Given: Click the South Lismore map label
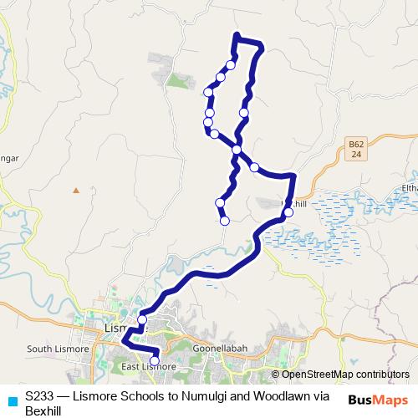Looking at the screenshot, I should click(x=52, y=349).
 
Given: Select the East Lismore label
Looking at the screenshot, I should click(x=148, y=366).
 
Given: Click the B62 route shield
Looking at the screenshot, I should click(x=355, y=150).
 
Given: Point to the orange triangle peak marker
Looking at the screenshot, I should click(x=76, y=190).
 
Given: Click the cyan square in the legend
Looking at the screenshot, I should click(x=11, y=400).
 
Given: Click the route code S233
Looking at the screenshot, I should click(x=41, y=396).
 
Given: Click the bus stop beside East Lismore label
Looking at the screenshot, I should click(x=155, y=361).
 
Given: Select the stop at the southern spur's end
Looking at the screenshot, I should click(x=225, y=221).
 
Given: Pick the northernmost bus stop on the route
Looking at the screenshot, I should click(x=231, y=64).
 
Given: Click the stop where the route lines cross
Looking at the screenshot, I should click(x=237, y=150).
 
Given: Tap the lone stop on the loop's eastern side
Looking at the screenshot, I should click(x=244, y=112).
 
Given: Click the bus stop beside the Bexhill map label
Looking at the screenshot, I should click(x=288, y=212).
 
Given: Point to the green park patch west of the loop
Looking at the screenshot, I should click(x=177, y=81).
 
